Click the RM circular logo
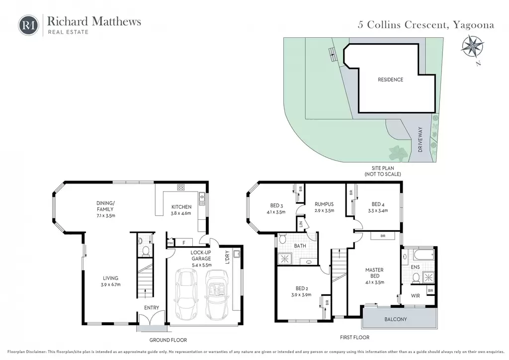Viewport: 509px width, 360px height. tap(28, 25)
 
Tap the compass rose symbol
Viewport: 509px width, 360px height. tap(472, 47)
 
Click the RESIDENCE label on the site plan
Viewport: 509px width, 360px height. tap(390, 80)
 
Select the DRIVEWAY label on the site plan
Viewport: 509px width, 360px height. tap(421, 139)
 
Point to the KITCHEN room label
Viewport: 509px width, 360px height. tap(181, 207)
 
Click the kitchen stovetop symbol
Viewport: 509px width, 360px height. tap(181, 187)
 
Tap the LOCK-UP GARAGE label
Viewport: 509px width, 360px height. tap(201, 256)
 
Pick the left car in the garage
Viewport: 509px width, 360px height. tap(187, 295)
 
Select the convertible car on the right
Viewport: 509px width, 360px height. tap(217, 295)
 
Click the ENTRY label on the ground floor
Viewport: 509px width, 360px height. tap(152, 307)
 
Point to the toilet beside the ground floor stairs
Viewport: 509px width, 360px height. tap(146, 251)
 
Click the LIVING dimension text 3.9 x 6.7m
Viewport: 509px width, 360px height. tap(111, 285)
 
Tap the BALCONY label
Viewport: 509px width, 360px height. tap(395, 319)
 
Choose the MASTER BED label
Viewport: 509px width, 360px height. tap(375, 272)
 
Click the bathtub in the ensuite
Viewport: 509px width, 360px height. tap(419, 255)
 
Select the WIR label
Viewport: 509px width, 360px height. tap(416, 296)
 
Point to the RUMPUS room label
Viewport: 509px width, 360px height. tap(324, 204)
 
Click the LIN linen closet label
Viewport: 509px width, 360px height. tap(300, 224)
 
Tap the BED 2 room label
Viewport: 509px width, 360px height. tap(302, 288)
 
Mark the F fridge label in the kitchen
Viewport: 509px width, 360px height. tap(184, 243)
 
